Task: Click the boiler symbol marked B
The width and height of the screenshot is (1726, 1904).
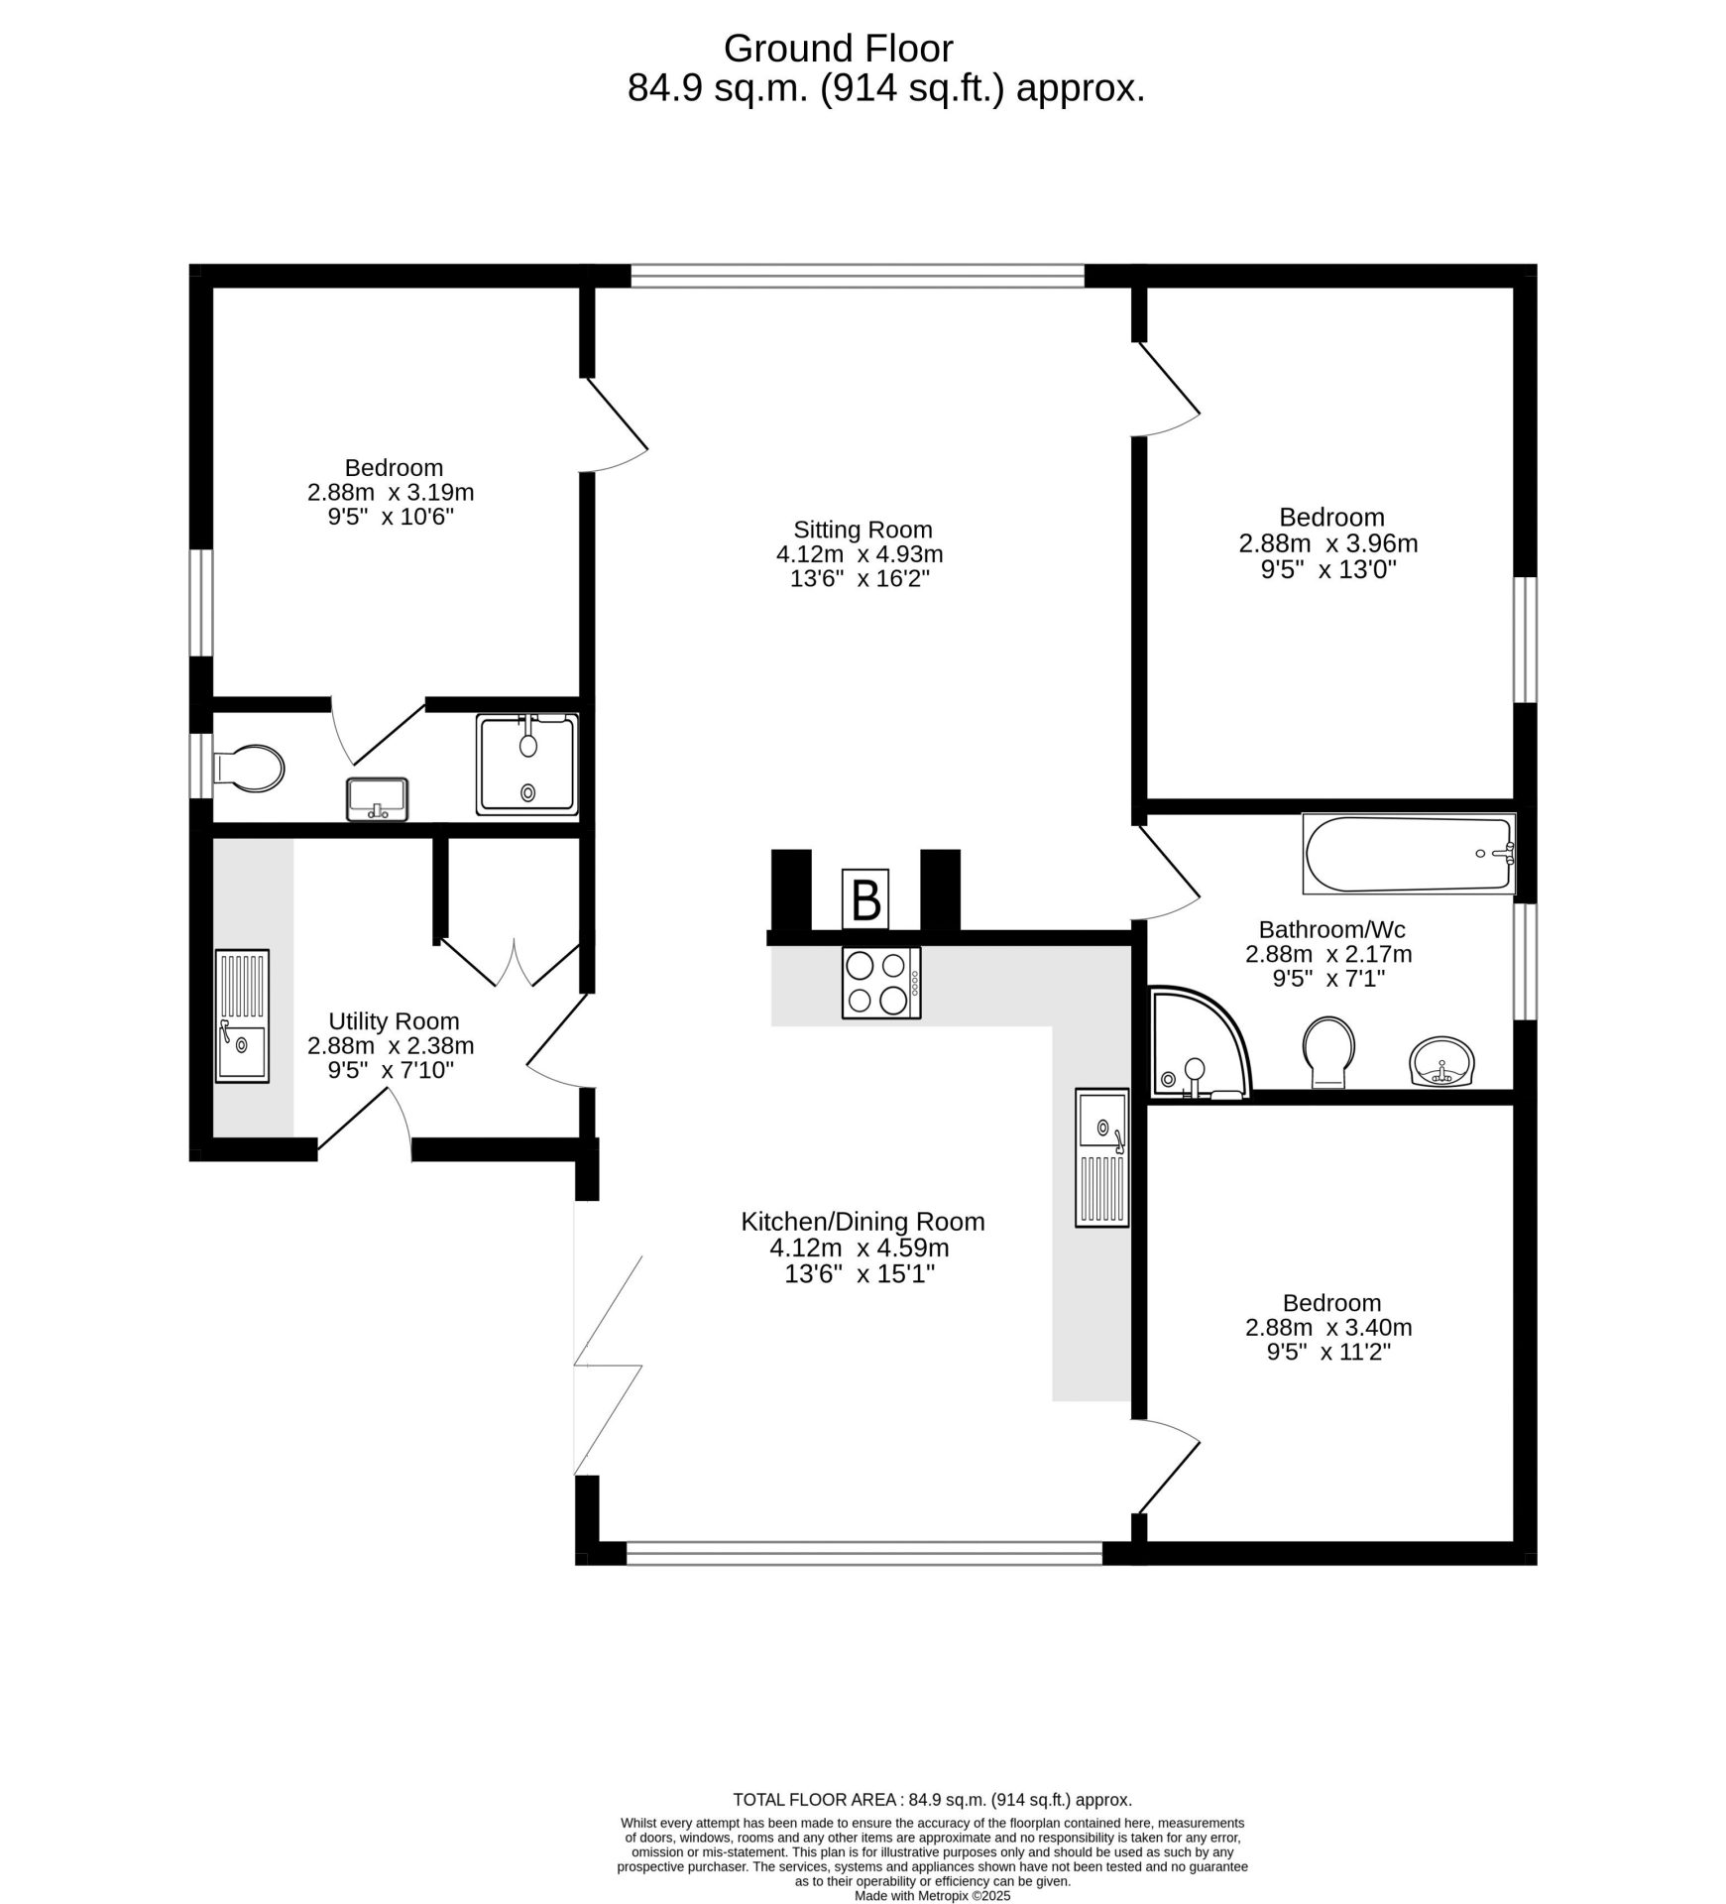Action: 864,898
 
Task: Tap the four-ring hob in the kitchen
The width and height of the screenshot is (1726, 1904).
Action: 881,982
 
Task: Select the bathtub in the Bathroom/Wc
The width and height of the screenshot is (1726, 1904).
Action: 1409,854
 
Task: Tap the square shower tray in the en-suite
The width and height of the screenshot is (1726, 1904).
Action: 527,764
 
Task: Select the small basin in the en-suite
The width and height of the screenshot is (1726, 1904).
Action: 377,799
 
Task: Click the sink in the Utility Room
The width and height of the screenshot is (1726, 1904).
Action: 242,1015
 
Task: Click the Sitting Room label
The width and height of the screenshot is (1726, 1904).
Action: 863,530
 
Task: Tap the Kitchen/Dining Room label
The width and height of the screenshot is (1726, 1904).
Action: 863,1222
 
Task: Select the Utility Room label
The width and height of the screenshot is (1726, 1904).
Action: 394,1021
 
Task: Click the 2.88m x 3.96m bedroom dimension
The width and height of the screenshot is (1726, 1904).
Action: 1328,543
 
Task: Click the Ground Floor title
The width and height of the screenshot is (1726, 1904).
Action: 838,49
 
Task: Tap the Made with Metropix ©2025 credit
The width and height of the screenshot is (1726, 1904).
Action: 932,1895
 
